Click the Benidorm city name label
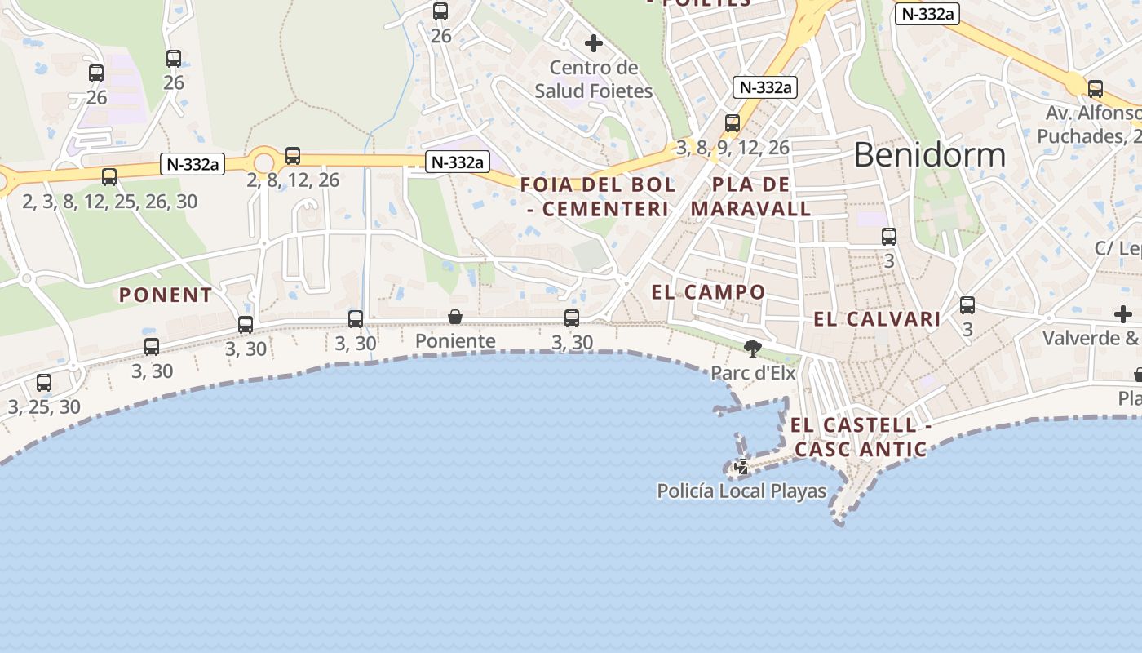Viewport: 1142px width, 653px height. coord(929,155)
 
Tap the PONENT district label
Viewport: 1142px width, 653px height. coord(166,295)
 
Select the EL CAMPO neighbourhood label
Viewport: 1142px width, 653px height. coord(709,291)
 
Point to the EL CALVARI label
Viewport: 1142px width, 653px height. coord(877,319)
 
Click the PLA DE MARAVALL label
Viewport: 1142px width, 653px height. coord(750,197)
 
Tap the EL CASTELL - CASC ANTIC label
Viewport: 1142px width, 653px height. coord(861,437)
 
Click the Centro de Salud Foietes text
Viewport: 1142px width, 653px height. coord(594,79)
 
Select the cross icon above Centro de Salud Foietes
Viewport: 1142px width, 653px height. coord(594,42)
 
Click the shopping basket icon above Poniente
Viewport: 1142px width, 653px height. coord(455,317)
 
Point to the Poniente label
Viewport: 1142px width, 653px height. coord(455,340)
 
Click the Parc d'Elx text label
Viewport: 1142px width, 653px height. coord(753,373)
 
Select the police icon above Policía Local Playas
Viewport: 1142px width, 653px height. coord(741,468)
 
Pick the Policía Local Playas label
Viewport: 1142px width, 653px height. coord(741,491)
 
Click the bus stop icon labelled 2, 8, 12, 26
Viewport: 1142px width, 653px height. coord(293,155)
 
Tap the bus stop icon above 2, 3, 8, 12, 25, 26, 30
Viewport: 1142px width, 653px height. coord(109,176)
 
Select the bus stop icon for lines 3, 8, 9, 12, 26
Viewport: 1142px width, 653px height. coord(733,123)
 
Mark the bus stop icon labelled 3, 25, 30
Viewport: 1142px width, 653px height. coord(44,382)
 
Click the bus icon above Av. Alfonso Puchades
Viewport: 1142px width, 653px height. coord(1096,88)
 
